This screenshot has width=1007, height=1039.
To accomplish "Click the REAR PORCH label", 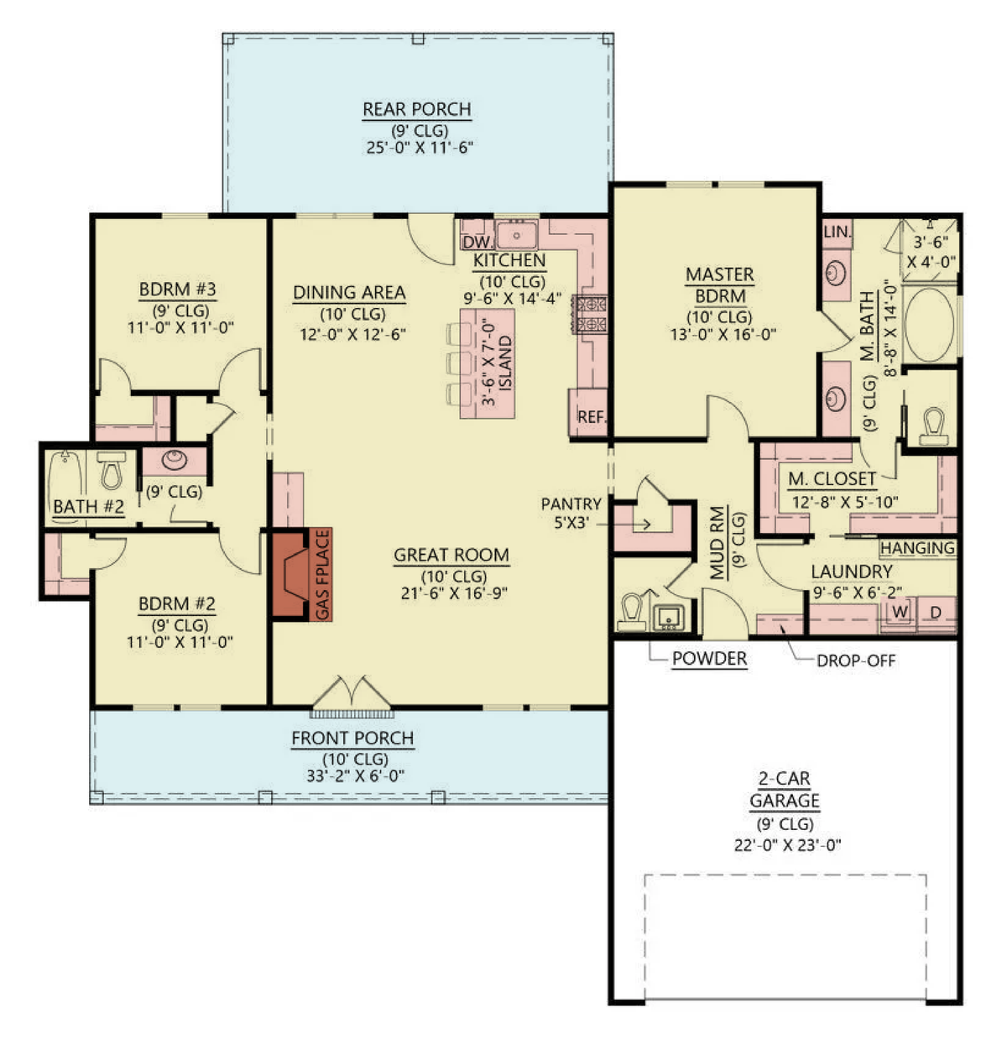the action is click(x=416, y=109).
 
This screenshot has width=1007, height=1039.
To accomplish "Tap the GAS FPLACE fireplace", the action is click(x=302, y=575).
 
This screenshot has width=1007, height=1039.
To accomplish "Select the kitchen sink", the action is click(x=516, y=236).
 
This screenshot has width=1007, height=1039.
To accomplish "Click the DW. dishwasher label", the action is click(x=477, y=243).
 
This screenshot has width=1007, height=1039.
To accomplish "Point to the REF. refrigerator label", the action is click(x=592, y=416).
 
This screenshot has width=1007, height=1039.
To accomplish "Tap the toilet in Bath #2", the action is click(x=112, y=470).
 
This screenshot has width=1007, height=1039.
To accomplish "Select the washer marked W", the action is click(x=900, y=612).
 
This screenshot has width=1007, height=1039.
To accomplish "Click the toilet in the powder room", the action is click(x=631, y=612).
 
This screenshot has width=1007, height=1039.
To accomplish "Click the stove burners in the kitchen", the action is click(x=590, y=314).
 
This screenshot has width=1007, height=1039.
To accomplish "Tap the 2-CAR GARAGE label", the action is click(x=785, y=789).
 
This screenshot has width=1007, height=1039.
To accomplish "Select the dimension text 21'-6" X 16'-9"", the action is click(x=454, y=593).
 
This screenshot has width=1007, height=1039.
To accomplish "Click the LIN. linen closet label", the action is click(x=837, y=232).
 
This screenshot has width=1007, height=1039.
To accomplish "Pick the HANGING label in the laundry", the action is click(x=917, y=548).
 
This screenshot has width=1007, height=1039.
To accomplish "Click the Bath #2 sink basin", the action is click(x=174, y=460).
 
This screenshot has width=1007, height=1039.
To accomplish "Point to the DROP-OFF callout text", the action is click(x=856, y=661).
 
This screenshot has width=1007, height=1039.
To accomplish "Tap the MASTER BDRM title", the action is click(x=720, y=285).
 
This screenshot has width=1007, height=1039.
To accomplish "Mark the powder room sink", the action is click(x=669, y=618).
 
